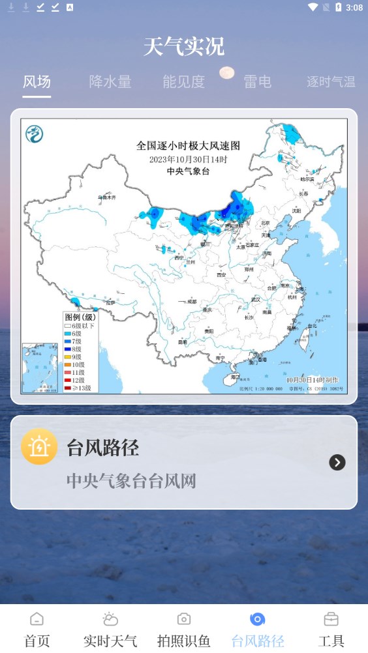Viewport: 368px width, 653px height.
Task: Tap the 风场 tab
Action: [x=37, y=82]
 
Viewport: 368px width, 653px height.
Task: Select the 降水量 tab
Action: [x=110, y=82]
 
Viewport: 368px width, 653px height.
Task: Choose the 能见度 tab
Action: [x=183, y=82]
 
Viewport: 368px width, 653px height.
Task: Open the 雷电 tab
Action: [x=257, y=82]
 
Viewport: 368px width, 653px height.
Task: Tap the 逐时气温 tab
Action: [x=331, y=82]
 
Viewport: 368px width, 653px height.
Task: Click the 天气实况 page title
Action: [x=184, y=47]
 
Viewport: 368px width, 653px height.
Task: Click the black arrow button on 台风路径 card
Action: [x=337, y=462]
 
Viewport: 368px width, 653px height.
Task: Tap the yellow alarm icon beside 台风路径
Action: [x=39, y=447]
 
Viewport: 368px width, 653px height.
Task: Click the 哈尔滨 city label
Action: [x=307, y=179]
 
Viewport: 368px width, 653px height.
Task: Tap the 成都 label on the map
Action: [x=191, y=302]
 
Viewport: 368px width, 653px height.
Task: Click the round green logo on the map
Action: [x=34, y=134]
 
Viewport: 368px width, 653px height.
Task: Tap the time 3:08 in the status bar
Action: [x=354, y=7]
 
